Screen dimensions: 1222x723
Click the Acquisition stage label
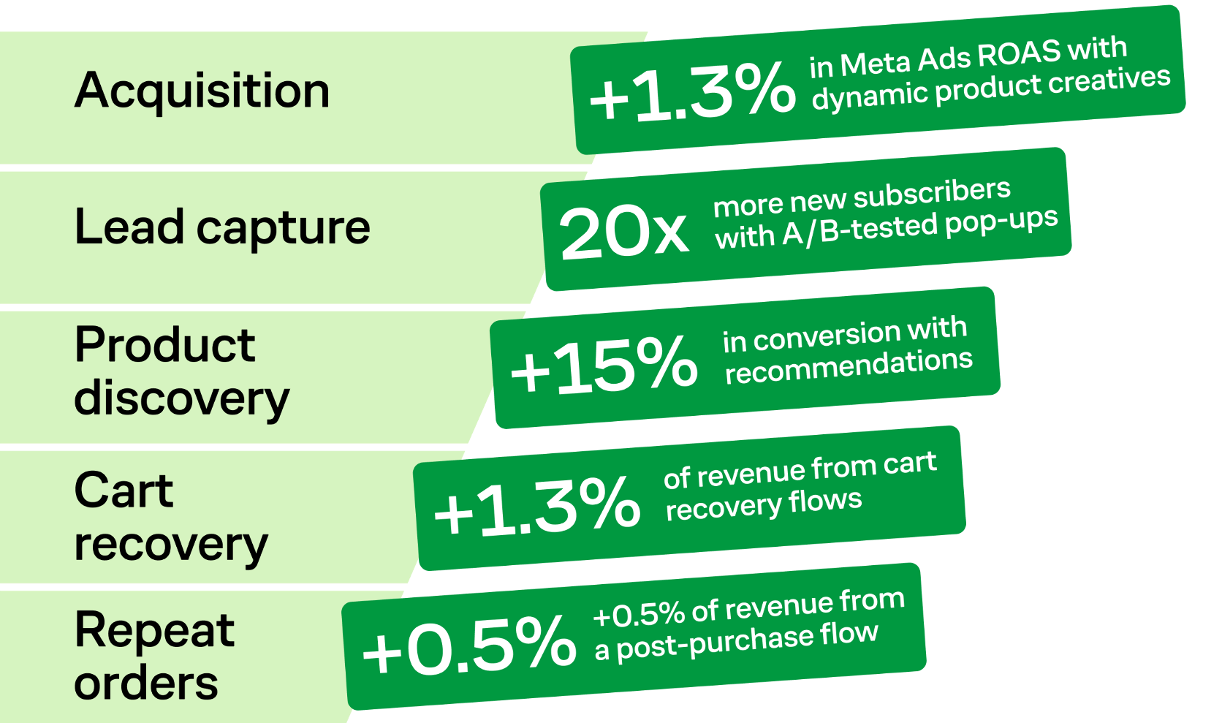pyautogui.click(x=202, y=91)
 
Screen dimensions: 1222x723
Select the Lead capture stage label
pyautogui.click(x=222, y=227)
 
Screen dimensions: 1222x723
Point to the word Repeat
pyautogui.click(x=154, y=632)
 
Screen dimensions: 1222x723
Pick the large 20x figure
pyautogui.click(x=623, y=233)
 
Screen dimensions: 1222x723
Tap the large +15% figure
pyautogui.click(x=604, y=365)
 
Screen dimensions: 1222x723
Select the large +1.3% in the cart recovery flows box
pyautogui.click(x=536, y=504)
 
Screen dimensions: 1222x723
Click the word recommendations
pyautogui.click(x=849, y=367)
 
